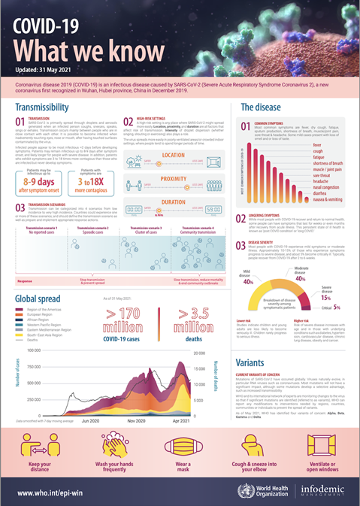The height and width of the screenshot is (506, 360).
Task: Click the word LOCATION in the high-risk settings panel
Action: [172, 155]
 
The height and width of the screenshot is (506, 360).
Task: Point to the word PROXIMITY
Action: [172, 180]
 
